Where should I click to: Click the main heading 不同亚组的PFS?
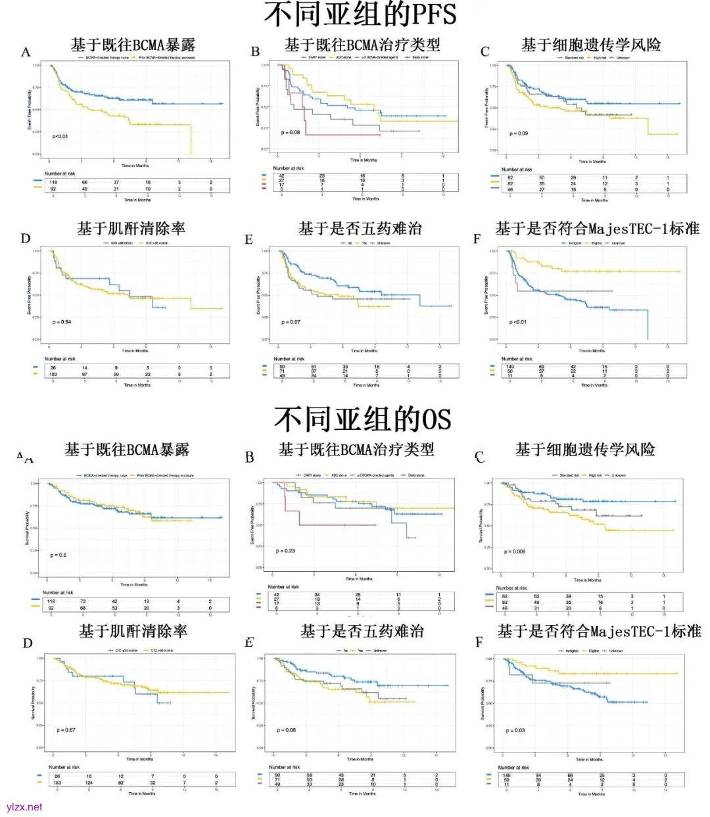(x=360, y=14)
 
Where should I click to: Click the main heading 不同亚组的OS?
(x=362, y=419)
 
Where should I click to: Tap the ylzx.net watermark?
(x=24, y=806)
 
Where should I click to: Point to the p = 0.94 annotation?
(x=62, y=321)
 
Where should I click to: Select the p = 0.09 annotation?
(x=519, y=133)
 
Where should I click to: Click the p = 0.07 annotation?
(x=291, y=322)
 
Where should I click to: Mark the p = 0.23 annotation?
(x=285, y=551)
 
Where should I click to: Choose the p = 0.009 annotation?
(x=515, y=551)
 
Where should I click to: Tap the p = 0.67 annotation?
(x=66, y=730)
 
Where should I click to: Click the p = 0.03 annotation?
(x=515, y=730)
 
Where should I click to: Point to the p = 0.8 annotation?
(x=59, y=555)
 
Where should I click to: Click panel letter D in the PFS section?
(x=26, y=239)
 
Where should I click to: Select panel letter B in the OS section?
(x=249, y=457)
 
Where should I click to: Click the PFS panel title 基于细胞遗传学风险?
(x=591, y=45)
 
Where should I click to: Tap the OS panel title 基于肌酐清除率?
(x=133, y=632)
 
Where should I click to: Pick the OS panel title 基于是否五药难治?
(x=362, y=632)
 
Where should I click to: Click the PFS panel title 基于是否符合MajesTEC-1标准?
(x=597, y=229)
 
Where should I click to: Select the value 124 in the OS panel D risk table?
(x=89, y=783)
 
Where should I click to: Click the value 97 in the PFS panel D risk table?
(x=85, y=374)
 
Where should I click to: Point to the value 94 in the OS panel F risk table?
(x=538, y=776)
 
